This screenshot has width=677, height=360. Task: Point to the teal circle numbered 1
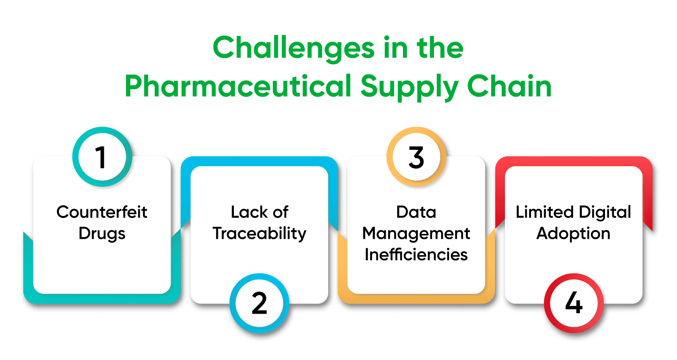[x=102, y=158]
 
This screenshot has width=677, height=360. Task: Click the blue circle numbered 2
[x=259, y=304]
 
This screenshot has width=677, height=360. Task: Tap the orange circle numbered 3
[x=417, y=158]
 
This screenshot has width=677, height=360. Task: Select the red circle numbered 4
[x=574, y=304]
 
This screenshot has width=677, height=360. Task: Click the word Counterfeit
[x=102, y=212]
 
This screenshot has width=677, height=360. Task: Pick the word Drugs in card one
[x=102, y=233]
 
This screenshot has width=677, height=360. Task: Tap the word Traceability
[x=259, y=233]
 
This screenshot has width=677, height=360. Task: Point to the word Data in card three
[x=416, y=212]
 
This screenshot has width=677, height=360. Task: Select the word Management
[x=416, y=233]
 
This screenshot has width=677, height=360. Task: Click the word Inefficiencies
[x=416, y=255]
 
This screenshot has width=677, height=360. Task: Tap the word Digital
[x=604, y=212]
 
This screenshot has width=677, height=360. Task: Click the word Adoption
[x=574, y=233]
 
